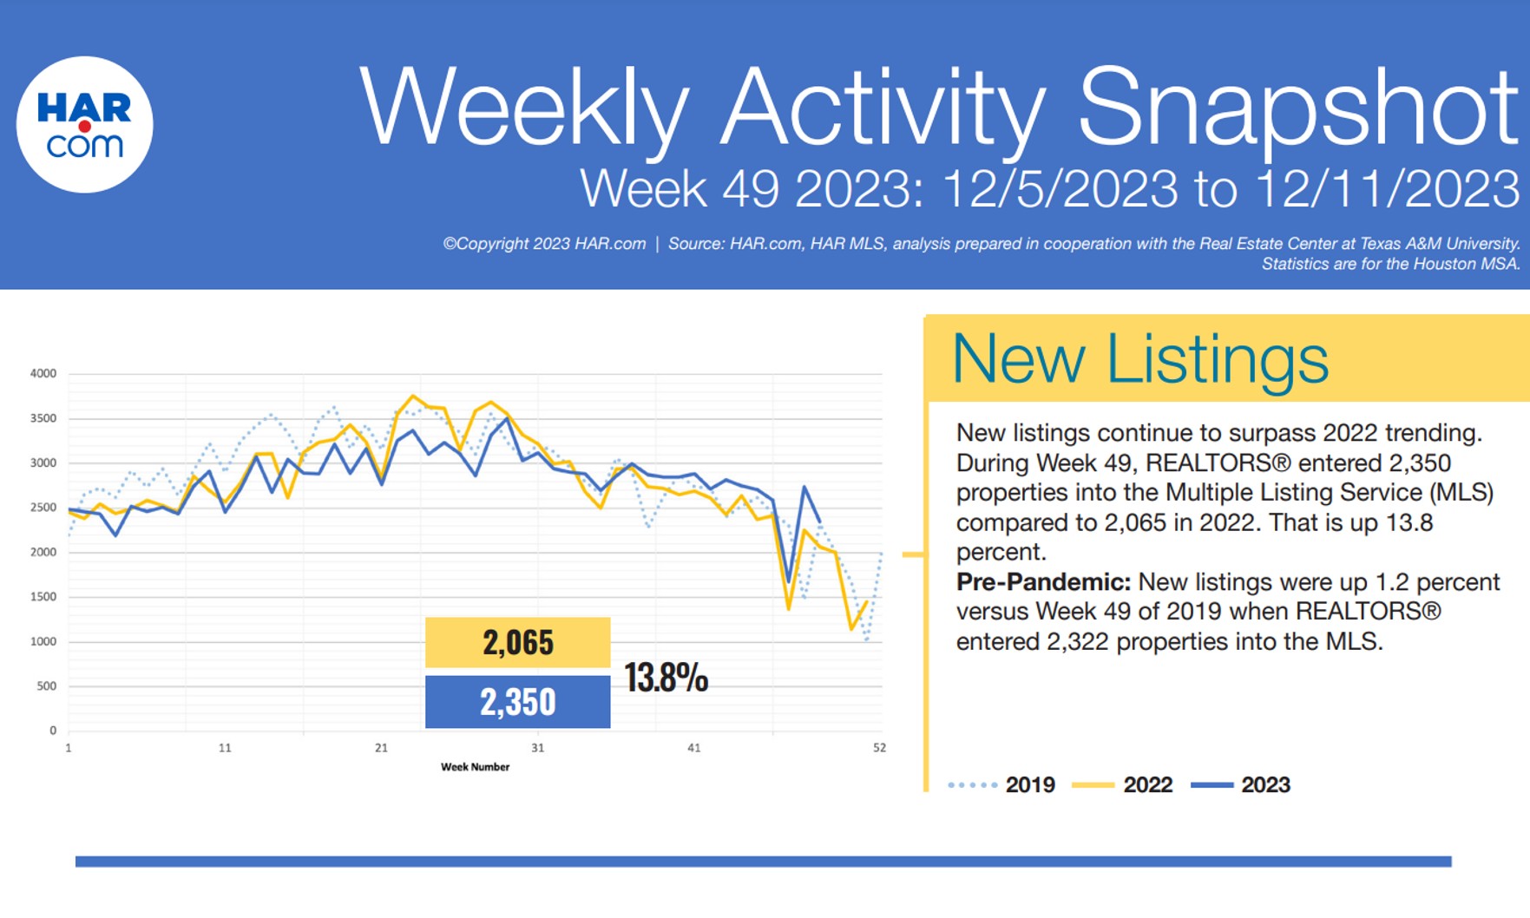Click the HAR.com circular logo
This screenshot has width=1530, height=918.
point(84,125)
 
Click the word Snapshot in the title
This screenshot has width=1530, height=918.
point(1297,107)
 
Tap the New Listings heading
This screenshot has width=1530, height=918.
point(1139,358)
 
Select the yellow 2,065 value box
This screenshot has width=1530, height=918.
point(517,642)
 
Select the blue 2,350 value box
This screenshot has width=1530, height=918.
point(517,701)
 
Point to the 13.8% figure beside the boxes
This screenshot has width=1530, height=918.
point(666,677)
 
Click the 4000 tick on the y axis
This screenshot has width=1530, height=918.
point(43,374)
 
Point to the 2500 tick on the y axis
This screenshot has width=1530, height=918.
point(43,508)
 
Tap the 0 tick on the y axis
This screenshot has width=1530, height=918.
point(52,731)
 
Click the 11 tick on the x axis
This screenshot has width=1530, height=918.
point(225,748)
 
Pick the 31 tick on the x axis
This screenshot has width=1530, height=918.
point(537,748)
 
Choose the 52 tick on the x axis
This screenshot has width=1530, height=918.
point(879,748)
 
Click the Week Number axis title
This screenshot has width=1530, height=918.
point(475,767)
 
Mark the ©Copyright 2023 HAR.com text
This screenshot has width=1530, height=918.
point(544,244)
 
